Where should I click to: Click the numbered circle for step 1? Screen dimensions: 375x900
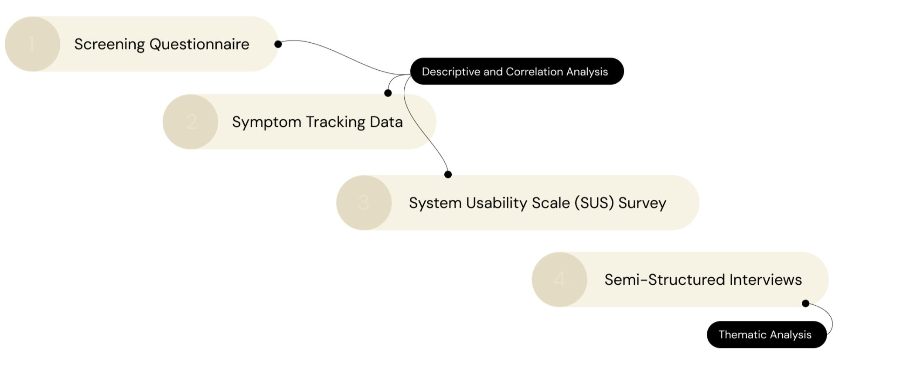pos(32,44)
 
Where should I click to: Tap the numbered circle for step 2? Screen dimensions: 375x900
pos(190,122)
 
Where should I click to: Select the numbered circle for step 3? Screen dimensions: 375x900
pos(364,203)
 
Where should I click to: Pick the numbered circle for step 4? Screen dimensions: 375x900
pos(559,280)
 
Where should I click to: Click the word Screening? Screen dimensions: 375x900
pos(109,44)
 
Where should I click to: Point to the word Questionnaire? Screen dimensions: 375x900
pos(199,44)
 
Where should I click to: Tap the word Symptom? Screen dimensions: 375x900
pos(266,122)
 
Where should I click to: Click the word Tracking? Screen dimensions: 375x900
pos(335,122)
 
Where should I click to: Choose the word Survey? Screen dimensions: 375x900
pos(642,203)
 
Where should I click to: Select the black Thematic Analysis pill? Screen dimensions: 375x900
pos(767,334)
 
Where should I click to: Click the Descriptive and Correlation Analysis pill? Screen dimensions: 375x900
pos(517,72)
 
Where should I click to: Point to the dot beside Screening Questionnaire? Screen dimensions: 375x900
pos(278,44)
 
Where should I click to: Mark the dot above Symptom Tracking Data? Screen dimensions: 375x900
pos(388,93)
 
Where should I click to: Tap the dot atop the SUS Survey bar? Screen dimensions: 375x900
pos(448,175)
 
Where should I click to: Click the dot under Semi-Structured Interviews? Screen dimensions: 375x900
pos(805,303)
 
